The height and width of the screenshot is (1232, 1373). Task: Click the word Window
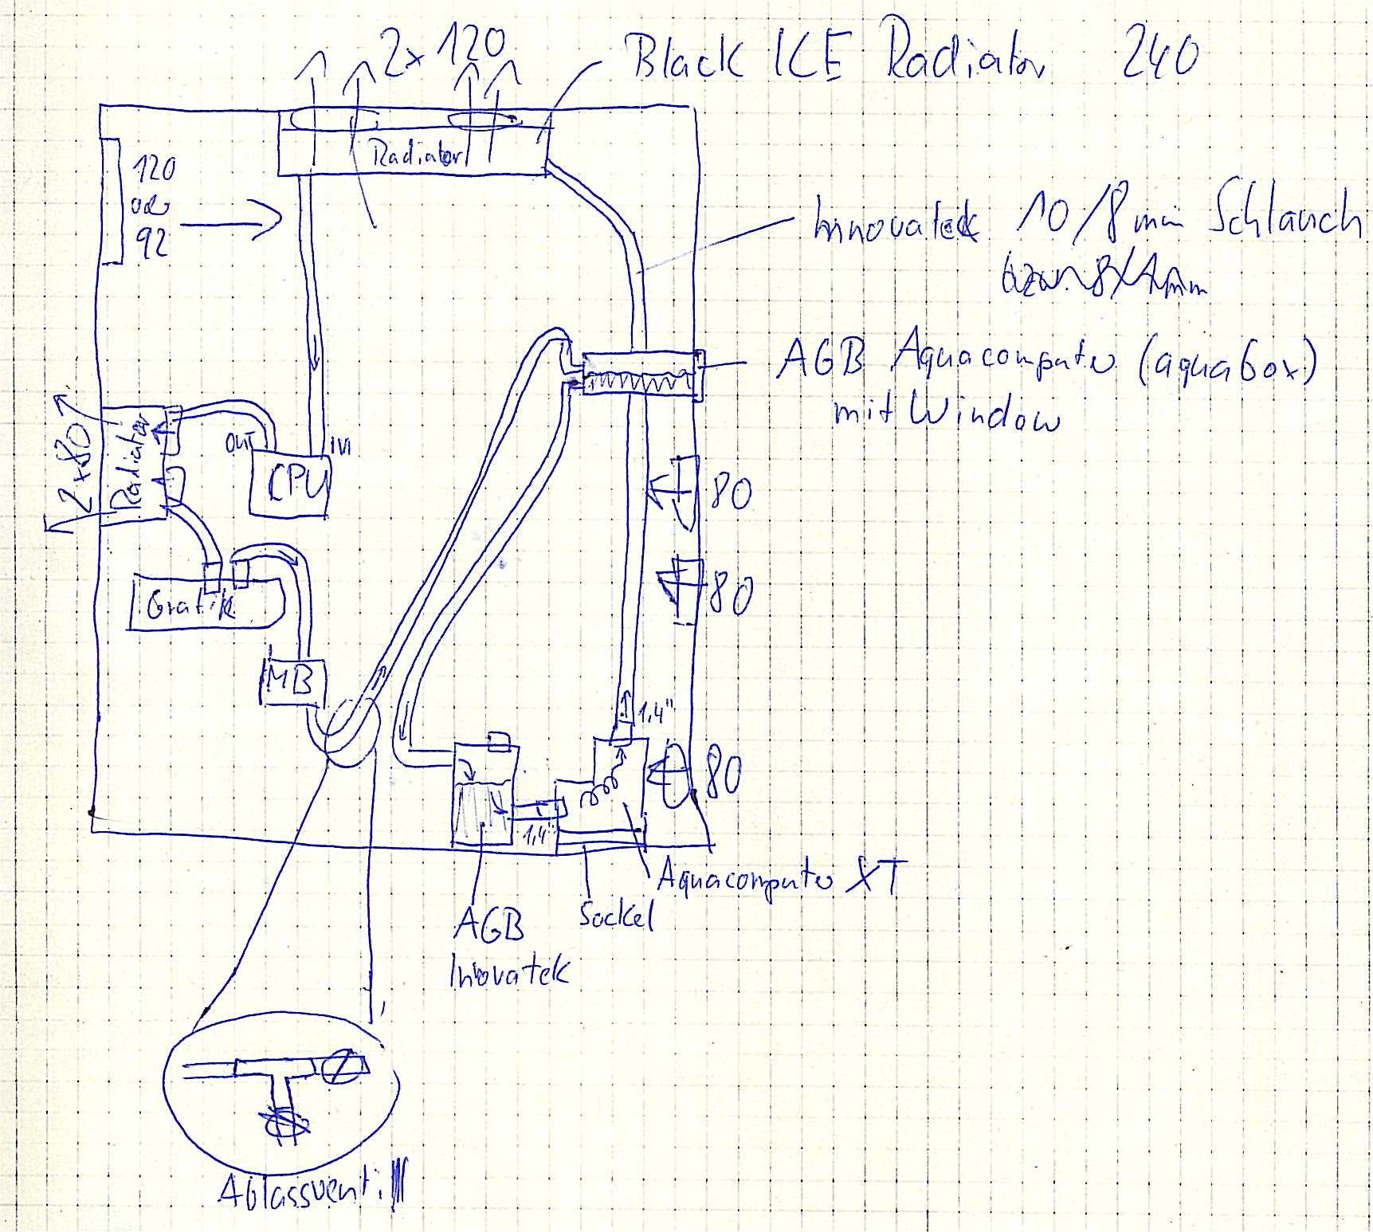988,414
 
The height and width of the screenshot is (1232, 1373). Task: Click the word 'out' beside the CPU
239,443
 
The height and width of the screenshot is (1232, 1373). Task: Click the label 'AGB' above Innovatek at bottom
488,928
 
